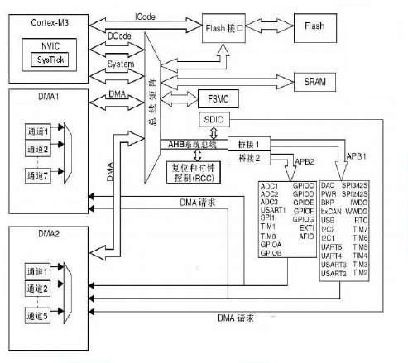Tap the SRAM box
pyautogui.click(x=314, y=81)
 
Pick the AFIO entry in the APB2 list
pyautogui.click(x=305, y=236)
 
